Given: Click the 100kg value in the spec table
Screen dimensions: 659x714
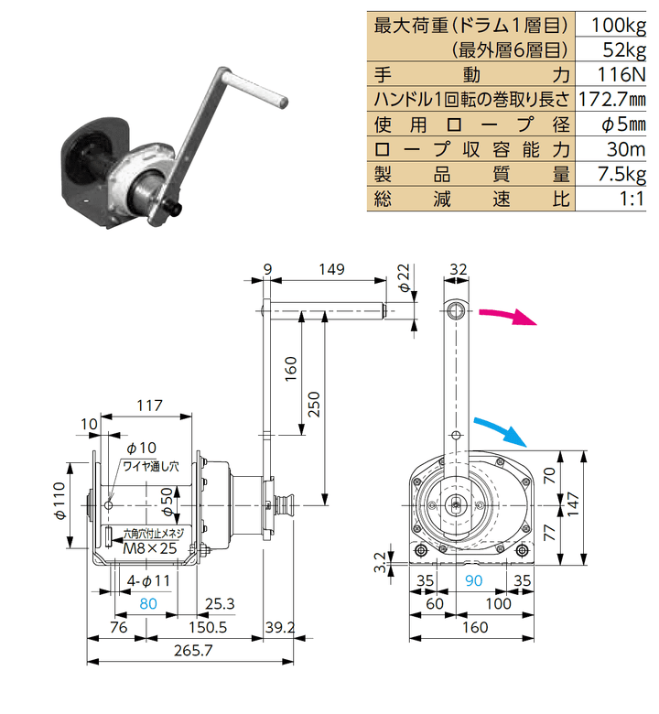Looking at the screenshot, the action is [618, 26].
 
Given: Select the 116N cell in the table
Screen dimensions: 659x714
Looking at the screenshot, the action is [621, 75].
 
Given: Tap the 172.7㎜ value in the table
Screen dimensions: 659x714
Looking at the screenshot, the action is [612, 99].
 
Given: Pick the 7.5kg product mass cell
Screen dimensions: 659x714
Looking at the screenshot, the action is [621, 174].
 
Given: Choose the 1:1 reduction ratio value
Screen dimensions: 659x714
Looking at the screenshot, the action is [632, 199].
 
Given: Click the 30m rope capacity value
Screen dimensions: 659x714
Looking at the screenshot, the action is [626, 149].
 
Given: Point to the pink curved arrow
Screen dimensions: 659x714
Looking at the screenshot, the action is [508, 316].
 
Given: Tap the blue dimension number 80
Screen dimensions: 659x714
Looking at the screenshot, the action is [148, 603].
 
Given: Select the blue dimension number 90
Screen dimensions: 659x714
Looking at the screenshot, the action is [473, 580].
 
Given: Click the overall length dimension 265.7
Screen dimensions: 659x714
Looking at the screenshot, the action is [193, 650].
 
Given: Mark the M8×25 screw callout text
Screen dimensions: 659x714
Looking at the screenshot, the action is [150, 548].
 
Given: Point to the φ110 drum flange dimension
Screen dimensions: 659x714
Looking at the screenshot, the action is [59, 501].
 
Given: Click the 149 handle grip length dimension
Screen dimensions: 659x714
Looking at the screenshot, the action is [331, 269].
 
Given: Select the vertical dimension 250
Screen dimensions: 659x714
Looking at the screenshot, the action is [314, 404].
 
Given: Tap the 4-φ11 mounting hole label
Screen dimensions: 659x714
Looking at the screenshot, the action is [148, 580].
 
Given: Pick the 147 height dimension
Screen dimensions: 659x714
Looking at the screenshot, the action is [572, 504].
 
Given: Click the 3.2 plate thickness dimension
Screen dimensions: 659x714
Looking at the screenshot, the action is [380, 562].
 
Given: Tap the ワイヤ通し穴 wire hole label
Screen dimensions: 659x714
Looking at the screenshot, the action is [151, 466].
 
